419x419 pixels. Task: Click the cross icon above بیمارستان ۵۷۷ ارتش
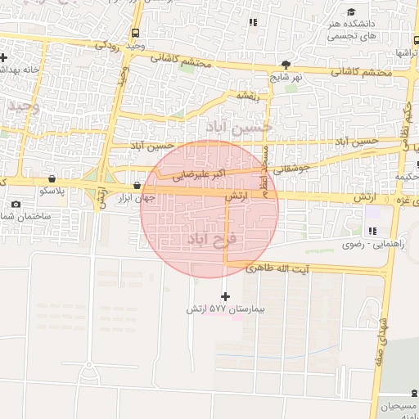(226, 295)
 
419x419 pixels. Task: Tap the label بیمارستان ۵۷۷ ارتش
(219, 309)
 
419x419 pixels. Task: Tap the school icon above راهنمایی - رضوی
(373, 232)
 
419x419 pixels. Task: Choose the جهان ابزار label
(134, 199)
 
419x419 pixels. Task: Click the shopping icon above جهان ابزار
(136, 186)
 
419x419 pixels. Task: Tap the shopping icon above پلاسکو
(52, 178)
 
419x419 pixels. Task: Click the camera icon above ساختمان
(16, 204)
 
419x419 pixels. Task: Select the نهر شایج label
(285, 77)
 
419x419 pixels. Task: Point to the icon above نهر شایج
(285, 64)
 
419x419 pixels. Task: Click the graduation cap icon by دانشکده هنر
(351, 12)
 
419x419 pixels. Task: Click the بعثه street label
(249, 96)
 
